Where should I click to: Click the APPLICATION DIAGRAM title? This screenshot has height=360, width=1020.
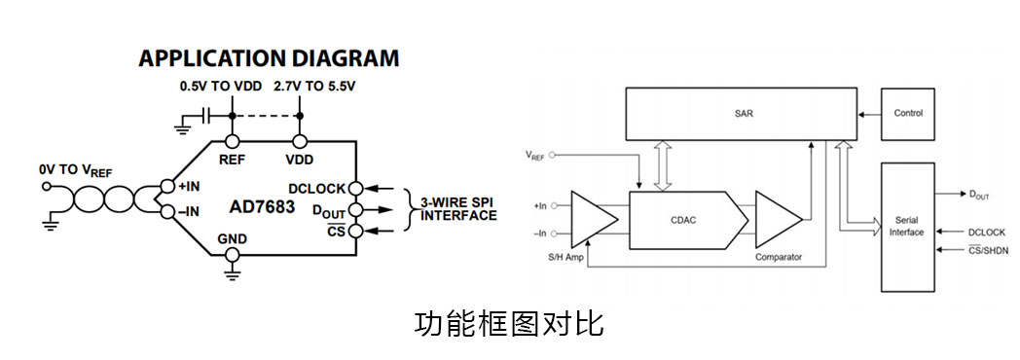pos(269,58)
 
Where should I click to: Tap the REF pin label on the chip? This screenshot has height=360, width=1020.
pos(232,158)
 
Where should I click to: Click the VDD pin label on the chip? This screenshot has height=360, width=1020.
pos(300,158)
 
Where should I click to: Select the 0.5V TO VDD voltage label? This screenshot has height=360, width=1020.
pos(217,86)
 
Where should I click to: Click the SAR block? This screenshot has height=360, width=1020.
pos(743,113)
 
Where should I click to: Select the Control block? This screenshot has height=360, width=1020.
pos(908,113)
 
